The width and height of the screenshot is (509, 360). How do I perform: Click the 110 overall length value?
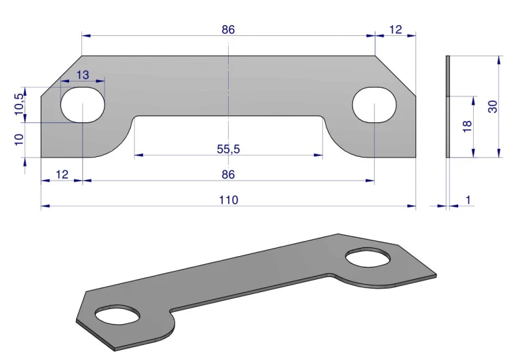tap(229, 200)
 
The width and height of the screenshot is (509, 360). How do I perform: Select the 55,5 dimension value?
tap(228, 149)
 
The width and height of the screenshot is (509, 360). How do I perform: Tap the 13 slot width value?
tap(83, 75)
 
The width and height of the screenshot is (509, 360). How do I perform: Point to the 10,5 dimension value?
tap(19, 104)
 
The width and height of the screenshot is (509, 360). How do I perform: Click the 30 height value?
tap(493, 107)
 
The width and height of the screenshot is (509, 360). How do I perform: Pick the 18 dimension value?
tap(467, 126)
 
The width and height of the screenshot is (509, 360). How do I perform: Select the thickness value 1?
tap(468, 200)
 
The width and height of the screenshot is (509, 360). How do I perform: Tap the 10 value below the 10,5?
tap(19, 139)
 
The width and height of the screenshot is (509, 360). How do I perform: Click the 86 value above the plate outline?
tap(228, 30)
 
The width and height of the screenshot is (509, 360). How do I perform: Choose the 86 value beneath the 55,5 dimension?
tap(228, 175)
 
